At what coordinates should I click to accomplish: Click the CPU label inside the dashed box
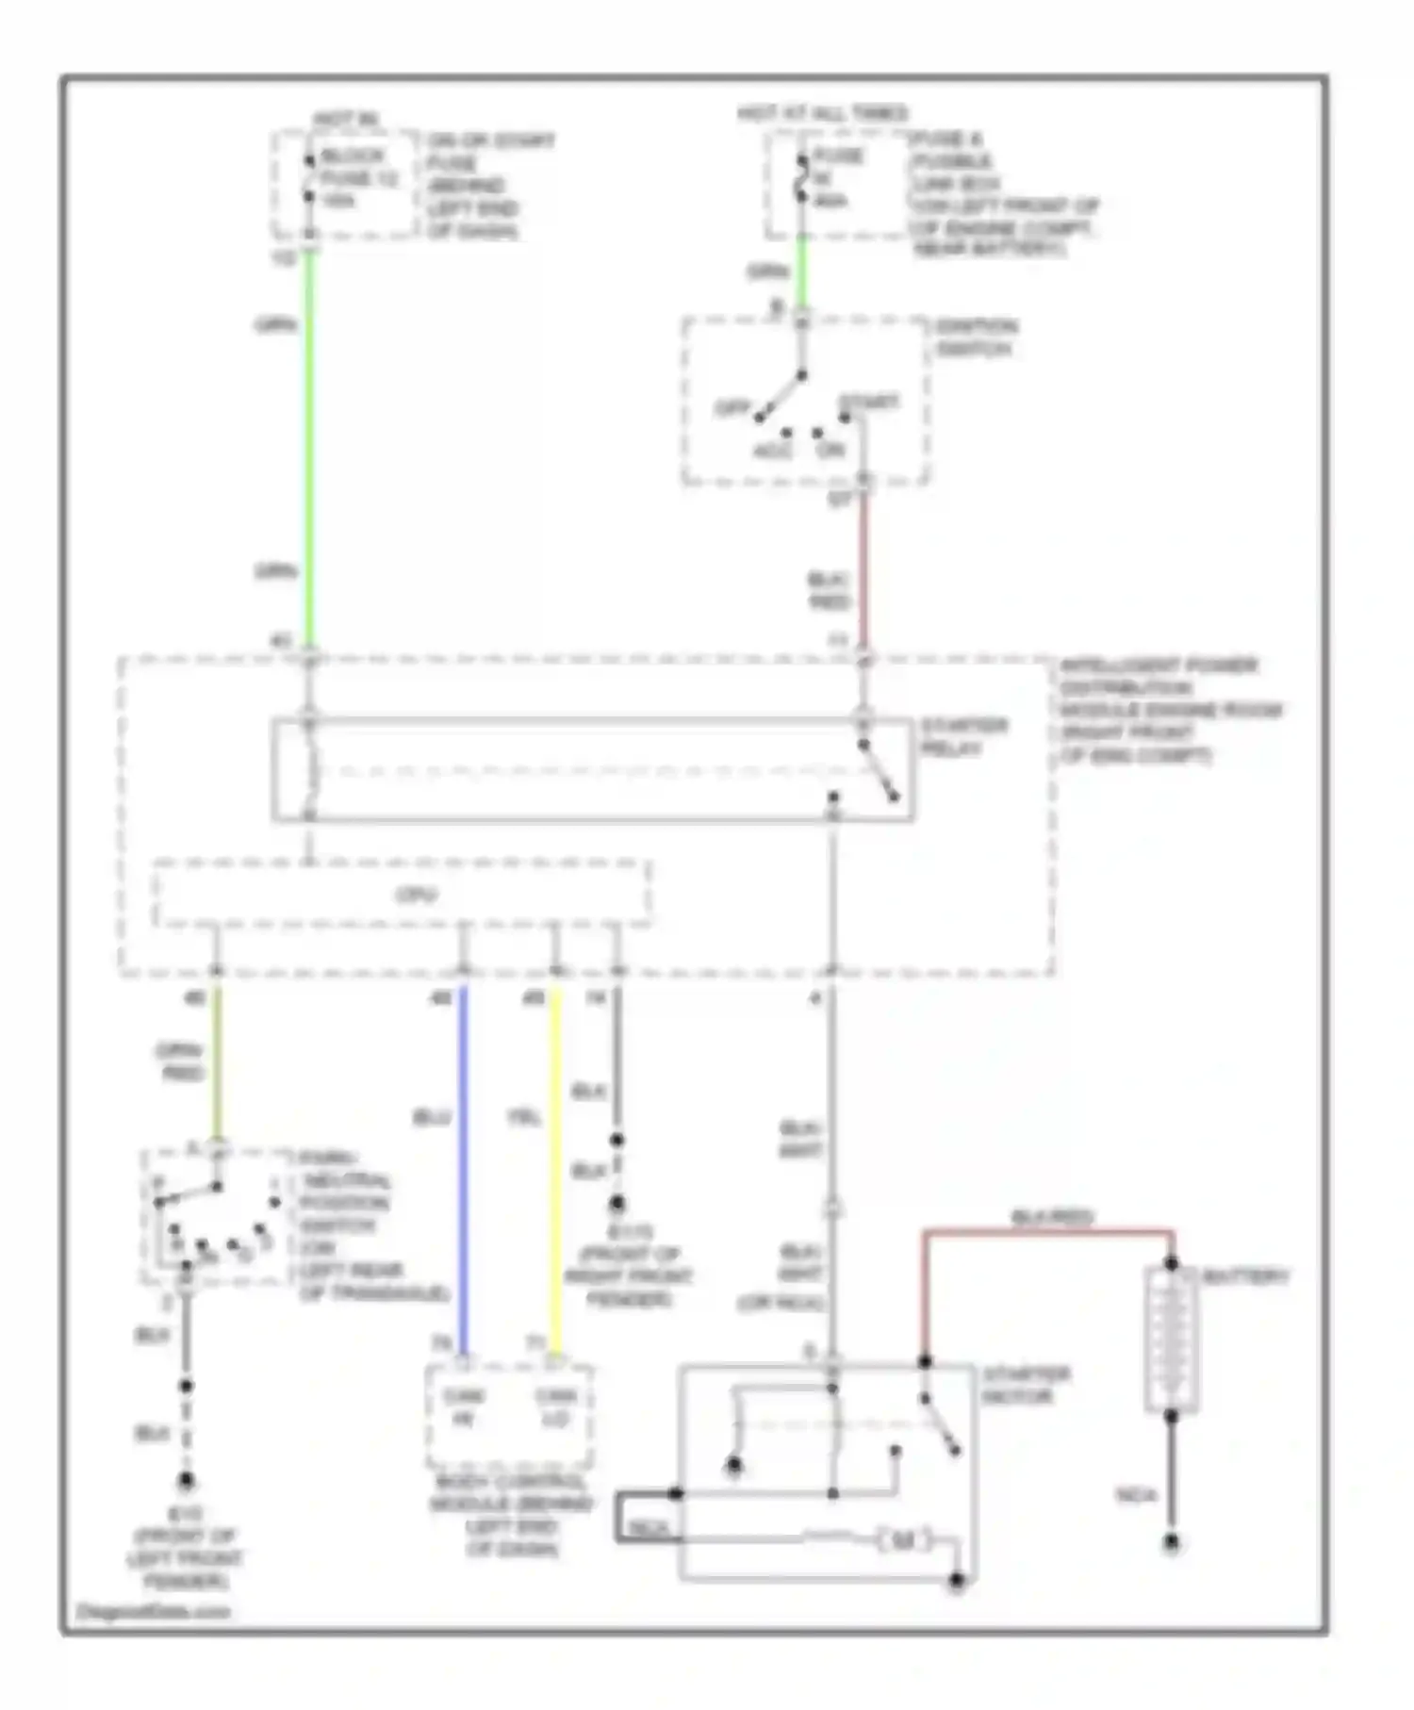pos(416,894)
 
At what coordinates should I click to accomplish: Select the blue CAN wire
pos(463,1169)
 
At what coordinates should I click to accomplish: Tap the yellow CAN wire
pos(555,1169)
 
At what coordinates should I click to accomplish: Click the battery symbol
pos(1171,1340)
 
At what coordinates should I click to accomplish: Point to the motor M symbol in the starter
pos(902,1540)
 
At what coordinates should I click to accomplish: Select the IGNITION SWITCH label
pos(975,337)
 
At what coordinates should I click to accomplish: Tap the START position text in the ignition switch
pos(868,403)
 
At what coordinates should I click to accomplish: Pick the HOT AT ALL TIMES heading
pos(822,114)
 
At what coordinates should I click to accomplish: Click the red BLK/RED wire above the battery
pos(1046,1231)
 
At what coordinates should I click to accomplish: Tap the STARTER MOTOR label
pos(1025,1385)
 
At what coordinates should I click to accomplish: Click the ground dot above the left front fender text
pos(187,1482)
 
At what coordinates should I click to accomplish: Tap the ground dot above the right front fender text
pos(617,1204)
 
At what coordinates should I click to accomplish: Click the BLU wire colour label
pos(432,1117)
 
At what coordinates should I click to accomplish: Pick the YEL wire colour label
pos(524,1117)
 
